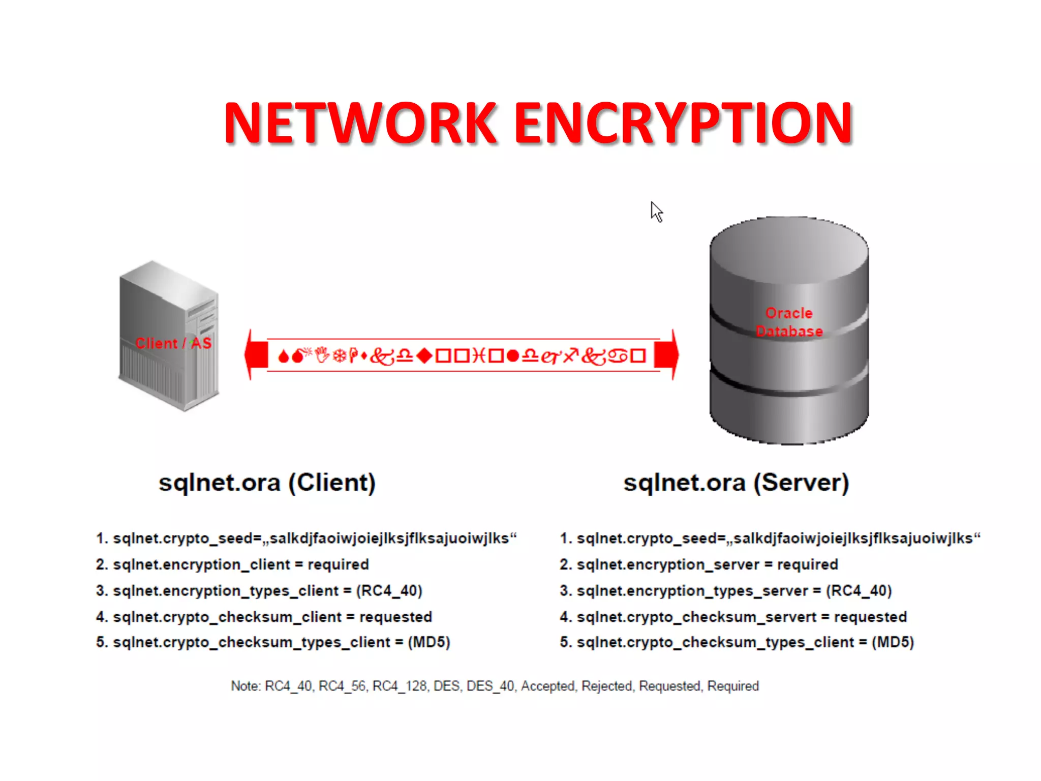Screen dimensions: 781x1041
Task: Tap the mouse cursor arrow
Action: [656, 212]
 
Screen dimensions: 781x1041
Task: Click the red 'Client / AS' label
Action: [173, 343]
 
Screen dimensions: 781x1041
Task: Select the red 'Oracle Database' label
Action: [789, 322]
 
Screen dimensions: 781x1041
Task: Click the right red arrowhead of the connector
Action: [667, 355]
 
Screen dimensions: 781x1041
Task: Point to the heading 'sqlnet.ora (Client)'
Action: [267, 483]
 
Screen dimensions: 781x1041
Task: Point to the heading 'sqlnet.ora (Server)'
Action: [736, 483]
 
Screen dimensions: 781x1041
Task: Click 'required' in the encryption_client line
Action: [338, 564]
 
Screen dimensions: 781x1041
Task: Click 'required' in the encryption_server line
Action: [807, 564]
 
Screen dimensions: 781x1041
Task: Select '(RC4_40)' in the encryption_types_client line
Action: [389, 591]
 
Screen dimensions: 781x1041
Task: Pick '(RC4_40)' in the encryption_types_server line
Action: [859, 591]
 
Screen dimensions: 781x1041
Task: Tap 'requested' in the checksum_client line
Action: [395, 617]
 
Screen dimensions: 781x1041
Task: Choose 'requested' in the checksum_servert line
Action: [870, 617]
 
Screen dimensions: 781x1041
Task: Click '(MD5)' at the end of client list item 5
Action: [429, 642]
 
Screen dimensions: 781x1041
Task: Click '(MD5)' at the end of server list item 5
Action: [893, 642]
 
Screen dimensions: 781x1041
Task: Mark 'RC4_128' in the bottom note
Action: [400, 686]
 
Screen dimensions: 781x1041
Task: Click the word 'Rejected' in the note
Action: [607, 686]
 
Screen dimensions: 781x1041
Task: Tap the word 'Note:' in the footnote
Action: [246, 686]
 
